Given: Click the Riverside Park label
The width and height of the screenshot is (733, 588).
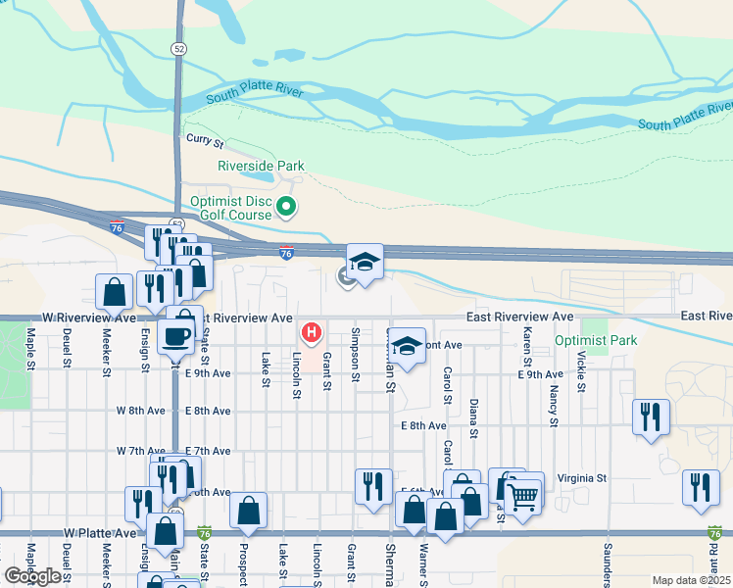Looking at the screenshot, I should pyautogui.click(x=261, y=167).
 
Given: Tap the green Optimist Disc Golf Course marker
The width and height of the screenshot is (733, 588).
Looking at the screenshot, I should pyautogui.click(x=286, y=206).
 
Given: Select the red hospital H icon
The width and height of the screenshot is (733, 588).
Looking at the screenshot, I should pyautogui.click(x=312, y=333).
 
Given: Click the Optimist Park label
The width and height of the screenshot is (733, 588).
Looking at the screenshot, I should pyautogui.click(x=596, y=340).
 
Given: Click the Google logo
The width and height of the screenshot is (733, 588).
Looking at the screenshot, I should pyautogui.click(x=32, y=576).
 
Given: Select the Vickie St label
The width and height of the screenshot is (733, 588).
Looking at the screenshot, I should pyautogui.click(x=581, y=372).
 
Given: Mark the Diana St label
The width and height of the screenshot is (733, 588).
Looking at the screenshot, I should pyautogui.click(x=473, y=418).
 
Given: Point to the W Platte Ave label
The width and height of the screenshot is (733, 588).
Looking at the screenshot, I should pyautogui.click(x=100, y=533).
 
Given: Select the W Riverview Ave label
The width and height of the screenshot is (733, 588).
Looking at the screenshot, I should pyautogui.click(x=90, y=318).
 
